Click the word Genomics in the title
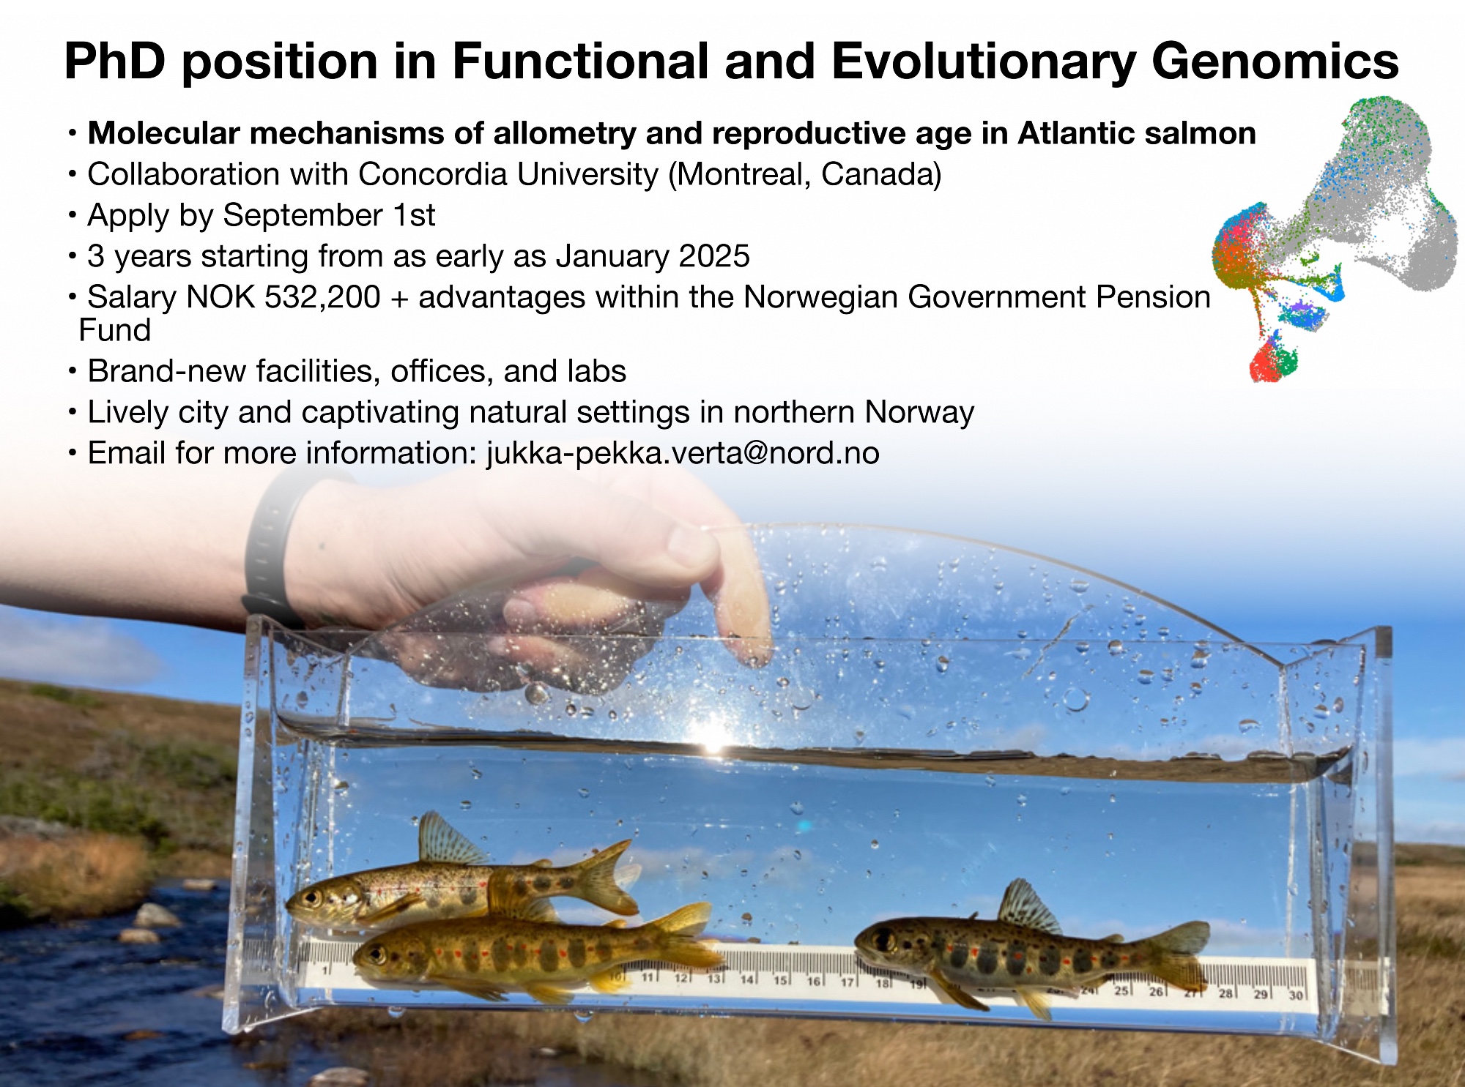(x=1275, y=62)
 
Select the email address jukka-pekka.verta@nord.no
(x=683, y=453)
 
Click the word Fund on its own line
(x=115, y=330)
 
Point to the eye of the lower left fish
(x=379, y=954)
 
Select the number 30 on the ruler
(x=1295, y=995)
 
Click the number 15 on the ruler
(x=780, y=979)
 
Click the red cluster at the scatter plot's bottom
(x=1266, y=365)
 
